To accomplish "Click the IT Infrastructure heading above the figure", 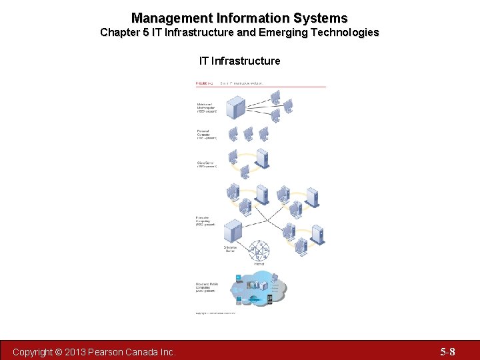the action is coord(239,61).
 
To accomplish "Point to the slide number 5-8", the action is coord(447,351).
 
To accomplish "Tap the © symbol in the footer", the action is coord(59,351).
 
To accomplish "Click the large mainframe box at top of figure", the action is coord(235,105).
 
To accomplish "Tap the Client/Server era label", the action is coord(206,165).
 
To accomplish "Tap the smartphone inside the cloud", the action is coord(269,299).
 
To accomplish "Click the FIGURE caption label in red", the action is coord(203,83).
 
